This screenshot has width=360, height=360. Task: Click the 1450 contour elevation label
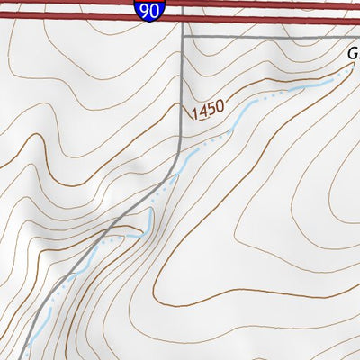click(x=208, y=109)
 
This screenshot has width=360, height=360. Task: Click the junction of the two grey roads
click(x=183, y=38)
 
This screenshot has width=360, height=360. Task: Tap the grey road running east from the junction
click(x=270, y=38)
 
